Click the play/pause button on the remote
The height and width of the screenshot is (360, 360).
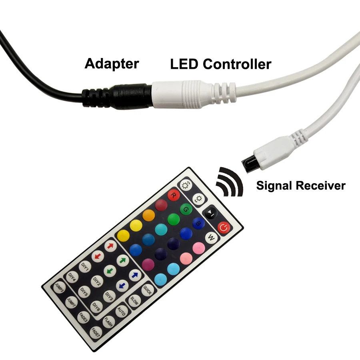click(x=210, y=213)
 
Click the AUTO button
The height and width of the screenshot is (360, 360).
click(x=121, y=312)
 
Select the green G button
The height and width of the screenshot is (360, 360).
click(x=186, y=209)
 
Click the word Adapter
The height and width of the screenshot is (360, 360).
click(x=112, y=64)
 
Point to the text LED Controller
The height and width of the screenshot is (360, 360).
click(x=221, y=64)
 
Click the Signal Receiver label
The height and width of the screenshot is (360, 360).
click(x=301, y=185)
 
